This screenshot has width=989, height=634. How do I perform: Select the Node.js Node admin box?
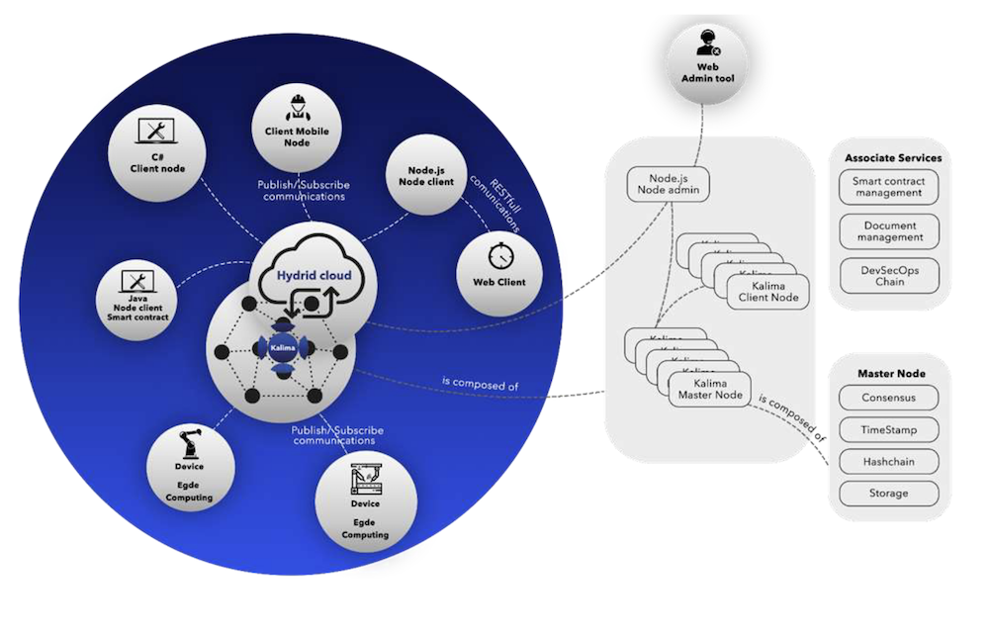coord(668,185)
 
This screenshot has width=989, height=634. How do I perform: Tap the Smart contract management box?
coord(887,187)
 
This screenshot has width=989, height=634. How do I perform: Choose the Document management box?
coord(887,231)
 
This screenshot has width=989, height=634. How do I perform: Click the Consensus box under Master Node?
coord(887,399)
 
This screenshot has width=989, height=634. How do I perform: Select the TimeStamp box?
coord(887,430)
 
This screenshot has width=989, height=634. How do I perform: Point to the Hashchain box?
coord(887,461)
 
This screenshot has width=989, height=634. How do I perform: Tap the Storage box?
coord(887,493)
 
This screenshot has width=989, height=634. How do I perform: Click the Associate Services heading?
coord(893,157)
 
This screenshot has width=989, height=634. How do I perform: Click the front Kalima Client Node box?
coord(767,292)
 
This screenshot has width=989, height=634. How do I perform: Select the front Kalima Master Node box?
coord(710,389)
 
